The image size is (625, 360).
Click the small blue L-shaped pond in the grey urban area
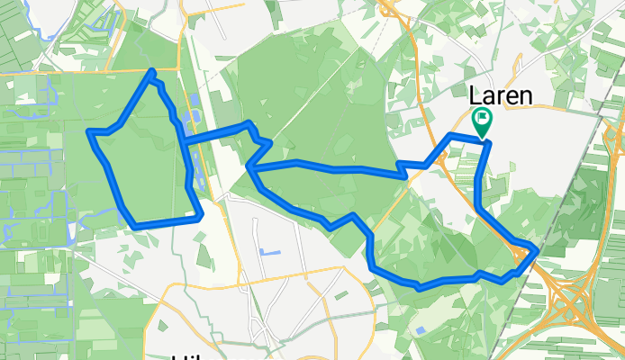pyautogui.click(x=268, y=253)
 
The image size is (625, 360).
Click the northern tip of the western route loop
pyautogui.click(x=153, y=71)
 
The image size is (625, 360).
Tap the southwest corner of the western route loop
pyautogui.click(x=132, y=224)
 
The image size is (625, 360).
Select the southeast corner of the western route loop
pyautogui.click(x=199, y=216)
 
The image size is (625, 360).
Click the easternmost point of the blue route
pyautogui.click(x=537, y=249)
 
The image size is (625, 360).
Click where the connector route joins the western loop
pyautogui.click(x=182, y=142)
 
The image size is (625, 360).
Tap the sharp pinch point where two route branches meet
pyautogui.click(x=249, y=166)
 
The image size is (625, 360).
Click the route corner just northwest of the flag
pyautogui.click(x=451, y=135)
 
